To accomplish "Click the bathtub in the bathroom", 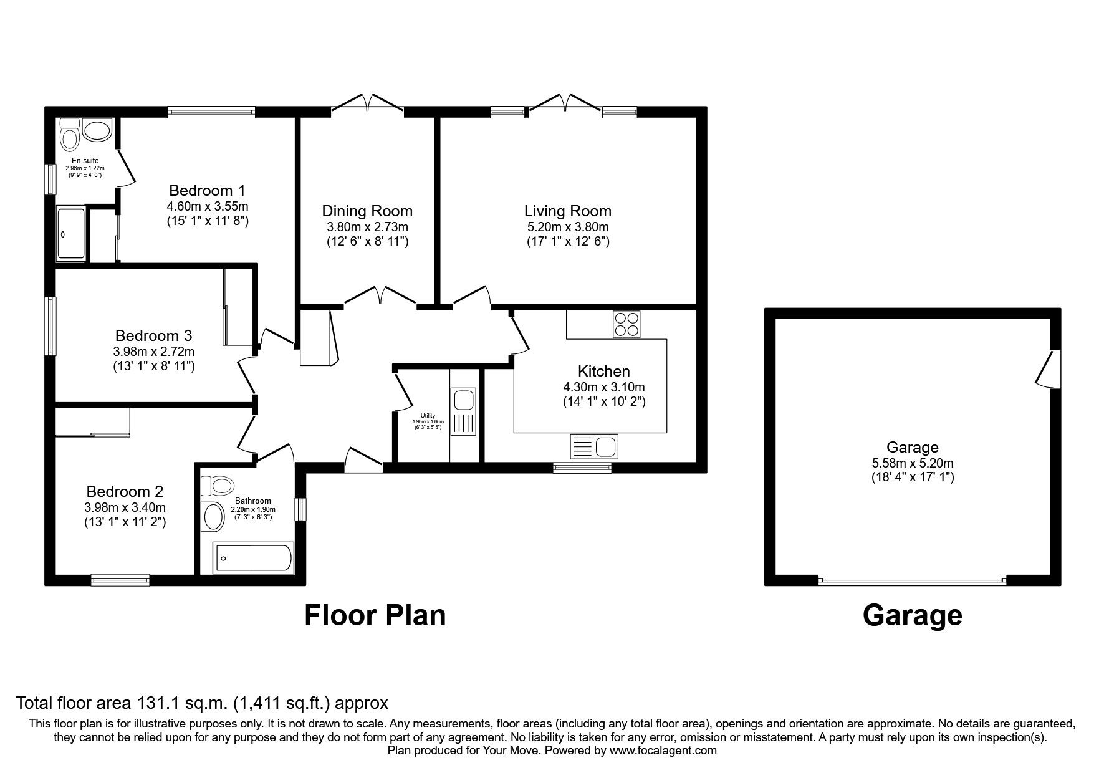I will (x=252, y=558).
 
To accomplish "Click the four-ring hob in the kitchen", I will (x=626, y=324).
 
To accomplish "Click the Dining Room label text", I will (x=367, y=211).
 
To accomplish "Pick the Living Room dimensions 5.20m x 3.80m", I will (x=567, y=227).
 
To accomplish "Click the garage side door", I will (x=1050, y=369).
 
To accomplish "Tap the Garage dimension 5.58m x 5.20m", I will (x=913, y=463).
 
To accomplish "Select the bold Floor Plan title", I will (x=375, y=615).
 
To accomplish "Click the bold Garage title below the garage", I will (x=912, y=615).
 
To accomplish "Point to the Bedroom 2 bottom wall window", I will (x=120, y=580).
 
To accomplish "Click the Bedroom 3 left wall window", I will (x=50, y=326).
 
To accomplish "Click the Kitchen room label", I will (x=603, y=372).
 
